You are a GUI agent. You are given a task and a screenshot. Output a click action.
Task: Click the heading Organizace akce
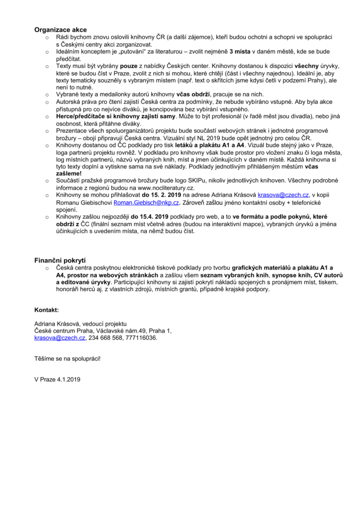pyautogui.click(x=60, y=30)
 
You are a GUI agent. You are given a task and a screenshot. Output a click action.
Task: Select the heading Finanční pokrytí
pyautogui.click(x=60, y=260)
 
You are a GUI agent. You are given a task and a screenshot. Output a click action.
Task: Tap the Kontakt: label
pyautogui.click(x=46, y=310)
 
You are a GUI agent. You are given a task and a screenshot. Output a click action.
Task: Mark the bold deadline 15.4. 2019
pyautogui.click(x=149, y=218)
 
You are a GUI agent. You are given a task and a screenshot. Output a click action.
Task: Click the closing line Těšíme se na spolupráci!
pyautogui.click(x=67, y=358)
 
